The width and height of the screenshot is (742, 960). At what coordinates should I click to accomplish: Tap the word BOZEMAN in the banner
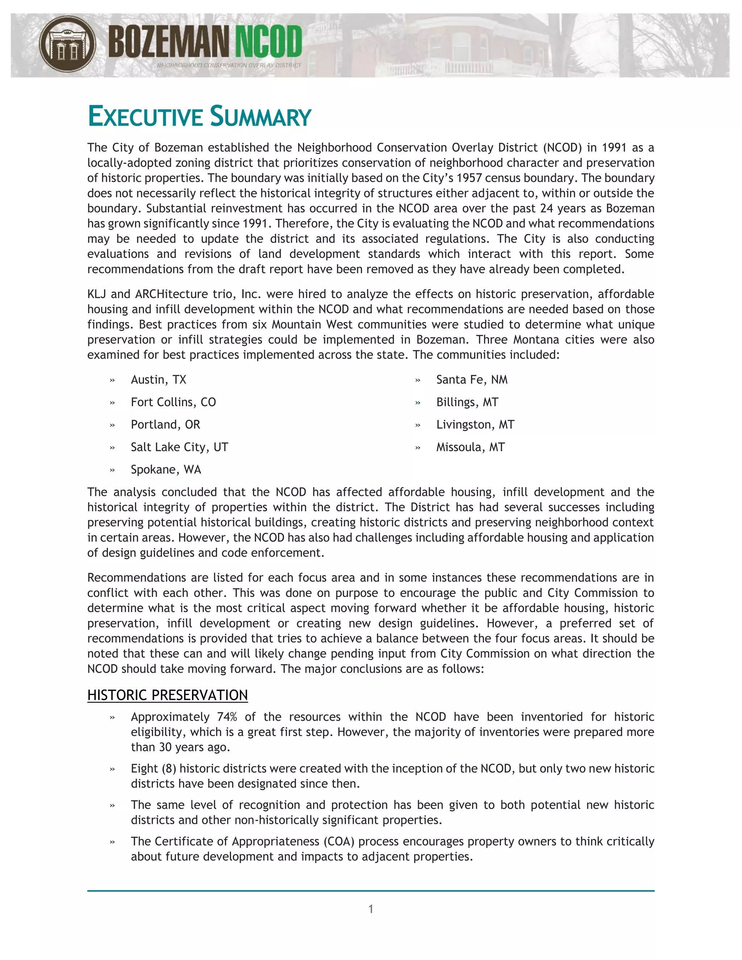(168, 42)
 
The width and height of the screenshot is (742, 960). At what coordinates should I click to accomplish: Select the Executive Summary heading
(199, 117)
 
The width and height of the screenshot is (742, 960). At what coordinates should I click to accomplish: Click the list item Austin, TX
(158, 380)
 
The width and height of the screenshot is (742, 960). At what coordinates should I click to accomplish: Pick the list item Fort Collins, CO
(173, 402)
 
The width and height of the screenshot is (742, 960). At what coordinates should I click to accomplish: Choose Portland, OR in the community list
(165, 425)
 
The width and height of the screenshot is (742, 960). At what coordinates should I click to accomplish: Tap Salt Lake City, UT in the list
(179, 447)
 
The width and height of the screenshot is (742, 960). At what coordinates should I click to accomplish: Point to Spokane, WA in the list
(166, 469)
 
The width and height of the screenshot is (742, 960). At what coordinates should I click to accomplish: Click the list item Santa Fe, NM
(472, 380)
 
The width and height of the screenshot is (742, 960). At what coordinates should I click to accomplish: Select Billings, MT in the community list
(467, 402)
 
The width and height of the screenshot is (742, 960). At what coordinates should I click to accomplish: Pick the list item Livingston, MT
(475, 425)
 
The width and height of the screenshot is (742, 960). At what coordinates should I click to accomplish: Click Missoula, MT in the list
(470, 447)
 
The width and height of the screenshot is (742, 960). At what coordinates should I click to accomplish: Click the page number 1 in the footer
(371, 909)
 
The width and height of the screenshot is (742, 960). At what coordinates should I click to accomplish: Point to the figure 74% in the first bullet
(226, 717)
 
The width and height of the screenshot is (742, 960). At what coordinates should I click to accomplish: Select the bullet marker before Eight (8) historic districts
(112, 769)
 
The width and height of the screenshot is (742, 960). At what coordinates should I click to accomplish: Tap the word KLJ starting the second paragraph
(96, 294)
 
